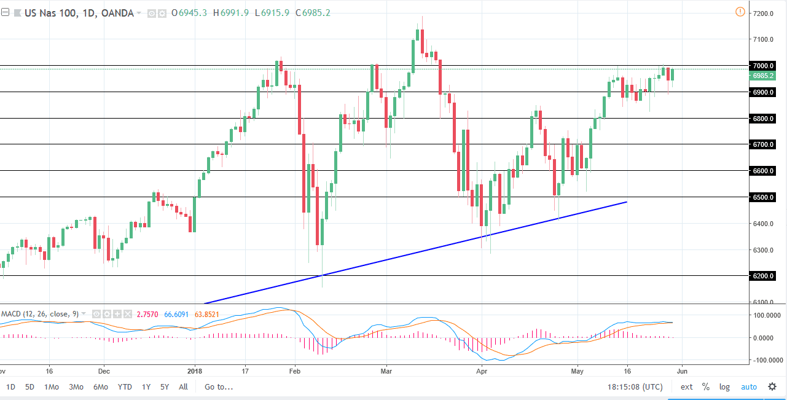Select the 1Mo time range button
[x=51, y=387]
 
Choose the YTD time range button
[x=125, y=387]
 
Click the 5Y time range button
[x=165, y=387]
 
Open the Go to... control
[x=219, y=387]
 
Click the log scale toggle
[x=725, y=387]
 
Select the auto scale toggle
[x=749, y=387]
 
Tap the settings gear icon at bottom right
[x=772, y=387]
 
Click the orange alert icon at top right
[x=740, y=12]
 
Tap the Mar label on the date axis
[x=386, y=371]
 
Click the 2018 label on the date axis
[x=195, y=371]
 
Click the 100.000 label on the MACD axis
[x=765, y=315]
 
